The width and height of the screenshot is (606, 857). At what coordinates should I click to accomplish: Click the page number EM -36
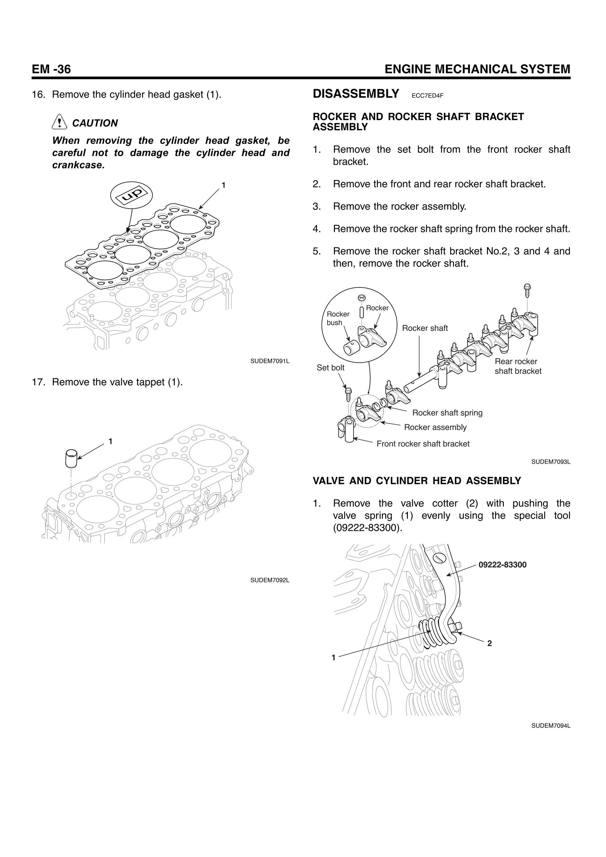pyautogui.click(x=51, y=69)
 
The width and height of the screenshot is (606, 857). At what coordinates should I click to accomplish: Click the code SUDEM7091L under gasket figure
pyautogui.click(x=270, y=361)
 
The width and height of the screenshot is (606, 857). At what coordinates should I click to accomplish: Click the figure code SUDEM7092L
pyautogui.click(x=270, y=580)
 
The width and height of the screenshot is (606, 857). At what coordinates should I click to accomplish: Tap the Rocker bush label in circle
pyautogui.click(x=338, y=318)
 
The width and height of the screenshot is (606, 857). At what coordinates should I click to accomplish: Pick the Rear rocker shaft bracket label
pyautogui.click(x=518, y=366)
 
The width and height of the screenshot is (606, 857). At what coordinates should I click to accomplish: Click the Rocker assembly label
pyautogui.click(x=435, y=427)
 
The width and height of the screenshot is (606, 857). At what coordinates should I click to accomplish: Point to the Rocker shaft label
pyautogui.click(x=425, y=328)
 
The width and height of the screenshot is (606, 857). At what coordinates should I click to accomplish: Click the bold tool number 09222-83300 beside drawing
pyautogui.click(x=502, y=565)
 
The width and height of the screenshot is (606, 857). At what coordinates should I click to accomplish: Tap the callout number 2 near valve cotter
pyautogui.click(x=489, y=643)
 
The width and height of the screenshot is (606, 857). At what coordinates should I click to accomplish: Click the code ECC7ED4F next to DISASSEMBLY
pyautogui.click(x=427, y=96)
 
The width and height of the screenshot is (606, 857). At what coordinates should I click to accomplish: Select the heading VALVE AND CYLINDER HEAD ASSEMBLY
pyautogui.click(x=416, y=481)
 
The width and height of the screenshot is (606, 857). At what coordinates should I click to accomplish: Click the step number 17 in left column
pyautogui.click(x=38, y=382)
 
